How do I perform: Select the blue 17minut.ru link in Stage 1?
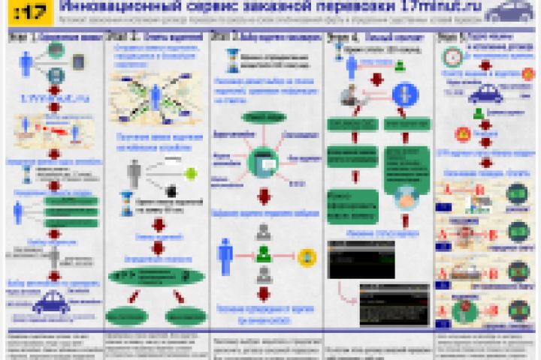(50, 97)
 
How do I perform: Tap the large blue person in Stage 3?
(223, 256)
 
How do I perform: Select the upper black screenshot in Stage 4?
(359, 258)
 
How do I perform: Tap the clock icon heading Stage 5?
(451, 56)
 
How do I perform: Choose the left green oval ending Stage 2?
(125, 316)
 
